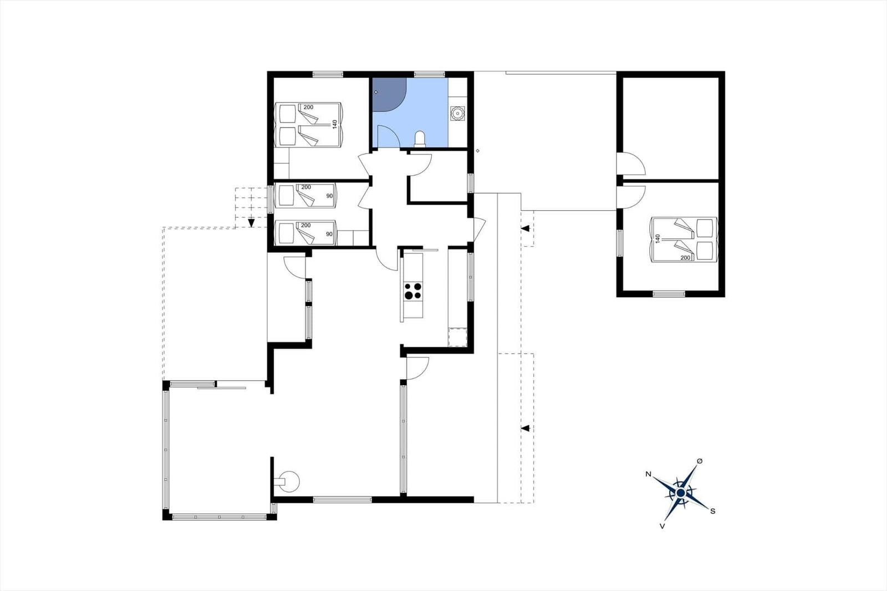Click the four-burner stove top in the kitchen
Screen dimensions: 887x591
pyautogui.click(x=413, y=291)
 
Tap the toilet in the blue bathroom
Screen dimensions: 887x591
pyautogui.click(x=419, y=139)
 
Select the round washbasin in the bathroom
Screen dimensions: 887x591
pyautogui.click(x=457, y=114)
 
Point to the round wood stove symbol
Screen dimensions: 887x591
pyautogui.click(x=289, y=481)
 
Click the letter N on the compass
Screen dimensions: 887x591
pyautogui.click(x=648, y=474)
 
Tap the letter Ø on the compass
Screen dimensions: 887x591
pyautogui.click(x=700, y=461)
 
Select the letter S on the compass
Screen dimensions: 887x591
pyautogui.click(x=713, y=511)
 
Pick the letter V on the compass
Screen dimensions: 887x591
pyautogui.click(x=662, y=526)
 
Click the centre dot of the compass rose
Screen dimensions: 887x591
pyautogui.click(x=681, y=493)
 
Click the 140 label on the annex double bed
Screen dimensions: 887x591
pyautogui.click(x=657, y=238)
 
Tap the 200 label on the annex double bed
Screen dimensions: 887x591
pyautogui.click(x=685, y=257)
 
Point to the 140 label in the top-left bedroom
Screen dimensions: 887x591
pyautogui.click(x=335, y=124)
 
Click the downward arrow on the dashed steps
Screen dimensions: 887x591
pyautogui.click(x=251, y=223)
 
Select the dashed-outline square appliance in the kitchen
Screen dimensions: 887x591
pyautogui.click(x=457, y=337)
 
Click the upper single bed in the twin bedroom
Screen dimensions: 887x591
pyautogui.click(x=305, y=195)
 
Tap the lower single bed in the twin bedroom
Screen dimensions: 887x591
pyautogui.click(x=305, y=233)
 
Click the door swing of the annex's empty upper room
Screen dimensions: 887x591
pyautogui.click(x=631, y=164)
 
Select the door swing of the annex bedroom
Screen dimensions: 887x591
pyautogui.click(x=631, y=196)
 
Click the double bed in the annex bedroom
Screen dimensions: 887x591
pyautogui.click(x=684, y=240)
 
